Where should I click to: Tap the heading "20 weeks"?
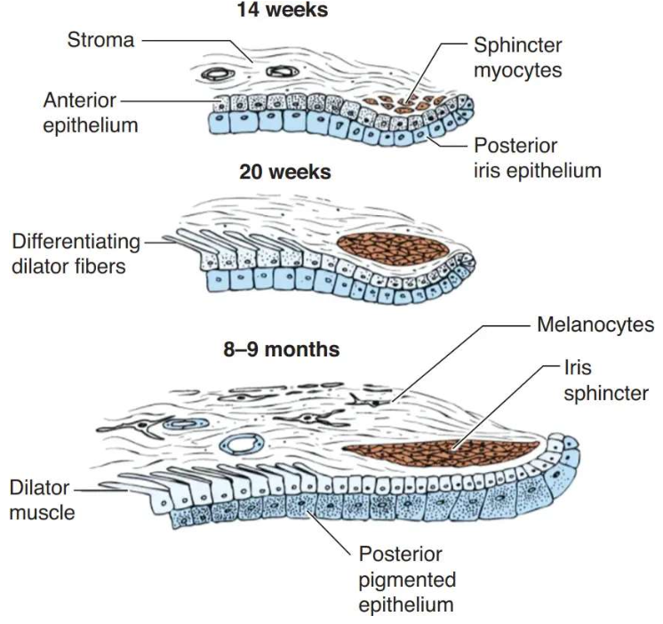coord(285,172)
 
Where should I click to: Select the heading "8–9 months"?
coord(281,349)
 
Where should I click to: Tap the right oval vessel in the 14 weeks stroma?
coord(283,72)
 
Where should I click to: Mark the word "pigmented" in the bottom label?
coord(407,580)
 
